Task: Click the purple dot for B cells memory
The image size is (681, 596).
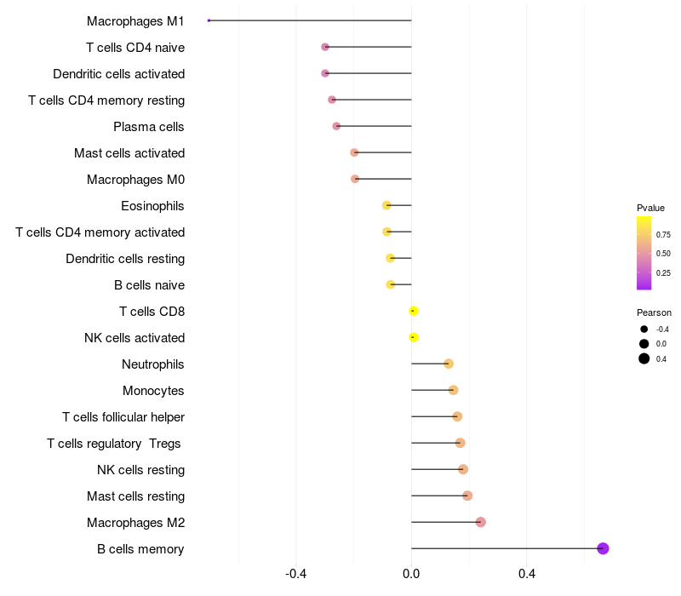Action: pos(603,548)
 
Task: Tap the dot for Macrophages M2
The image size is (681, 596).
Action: pos(480,522)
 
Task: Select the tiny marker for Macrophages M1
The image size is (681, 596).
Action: pos(209,20)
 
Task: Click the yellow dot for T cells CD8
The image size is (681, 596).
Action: pos(414,311)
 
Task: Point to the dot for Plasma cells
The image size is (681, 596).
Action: pos(336,126)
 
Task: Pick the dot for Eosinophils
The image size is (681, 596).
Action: pos(386,205)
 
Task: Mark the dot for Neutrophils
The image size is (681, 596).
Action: pos(449,364)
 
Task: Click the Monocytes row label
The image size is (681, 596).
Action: pos(153,391)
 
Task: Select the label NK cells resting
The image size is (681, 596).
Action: pos(140,470)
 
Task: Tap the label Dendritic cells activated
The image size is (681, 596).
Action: pos(118,74)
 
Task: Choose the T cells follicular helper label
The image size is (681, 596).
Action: pos(123,417)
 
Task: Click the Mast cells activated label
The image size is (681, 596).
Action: pos(129,153)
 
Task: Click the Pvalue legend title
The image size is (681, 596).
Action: pos(650,208)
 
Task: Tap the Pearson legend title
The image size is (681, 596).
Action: pos(654,312)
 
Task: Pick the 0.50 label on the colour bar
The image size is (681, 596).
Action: pos(663,254)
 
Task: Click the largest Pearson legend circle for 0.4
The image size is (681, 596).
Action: pos(644,358)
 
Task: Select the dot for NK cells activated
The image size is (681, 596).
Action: pos(414,337)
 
